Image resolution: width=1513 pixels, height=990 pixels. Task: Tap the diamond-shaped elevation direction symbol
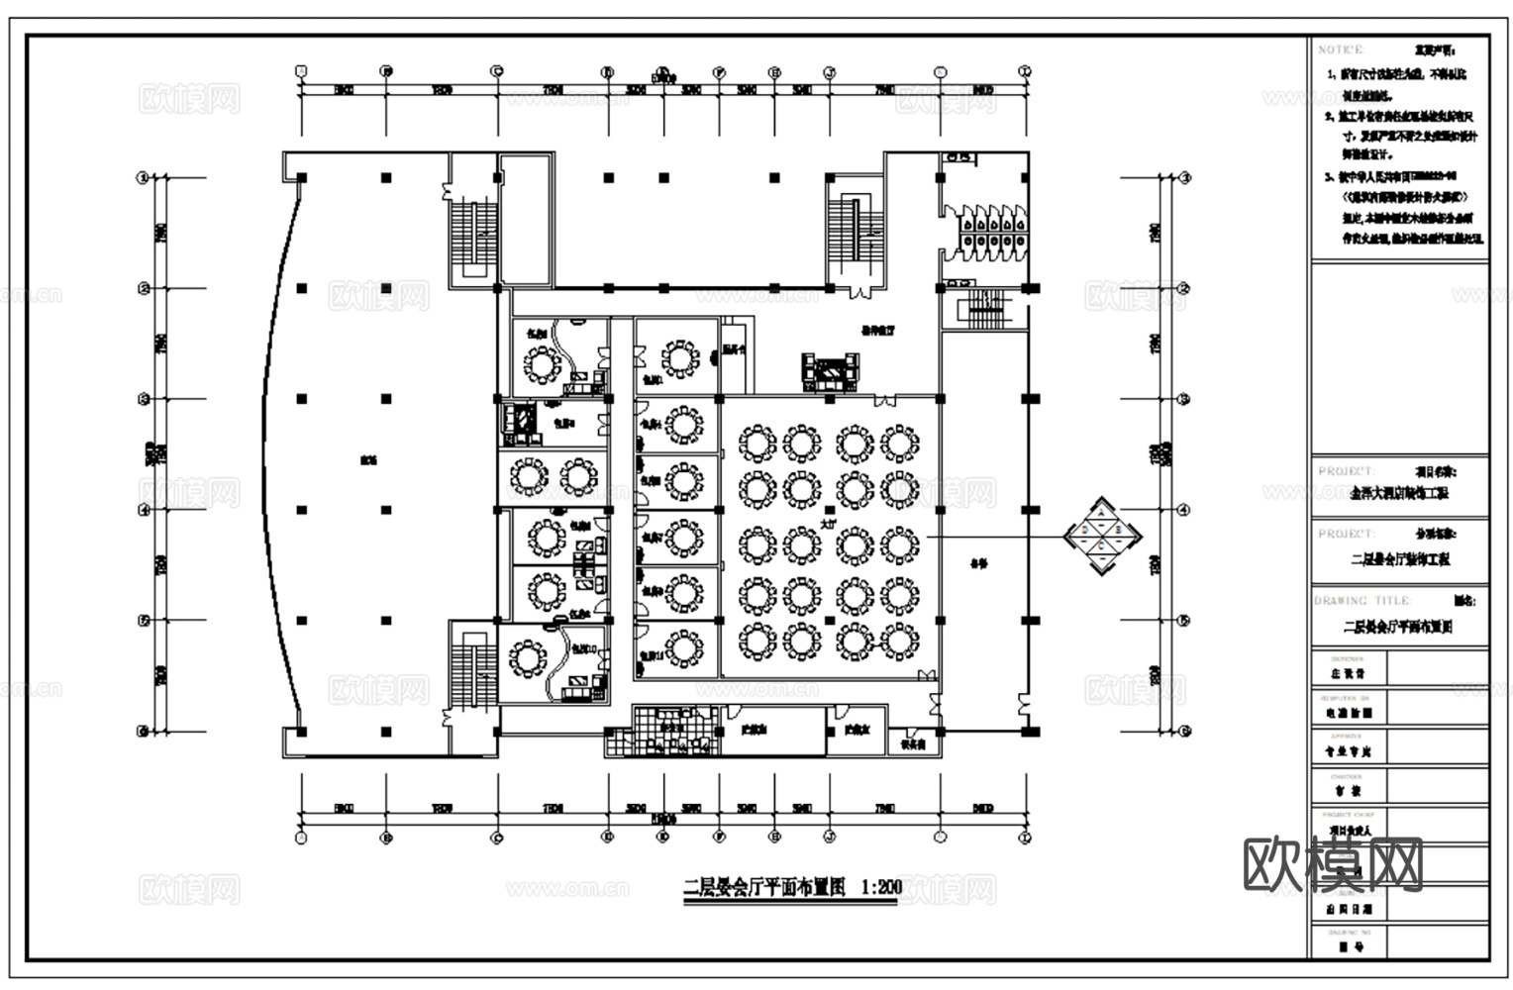tap(1103, 536)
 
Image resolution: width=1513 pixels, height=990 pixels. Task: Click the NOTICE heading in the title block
tap(1341, 49)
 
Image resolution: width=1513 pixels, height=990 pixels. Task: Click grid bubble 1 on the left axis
tap(143, 178)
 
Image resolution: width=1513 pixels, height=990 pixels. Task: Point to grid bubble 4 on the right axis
tap(1183, 510)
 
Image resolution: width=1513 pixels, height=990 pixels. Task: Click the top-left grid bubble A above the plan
tap(302, 71)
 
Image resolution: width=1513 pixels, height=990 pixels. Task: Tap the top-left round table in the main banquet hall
tap(757, 443)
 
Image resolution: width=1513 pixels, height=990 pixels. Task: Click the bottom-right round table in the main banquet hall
tap(898, 642)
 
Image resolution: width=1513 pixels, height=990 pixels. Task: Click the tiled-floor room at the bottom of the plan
tap(673, 732)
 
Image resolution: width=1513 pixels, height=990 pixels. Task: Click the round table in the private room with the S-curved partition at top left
tap(542, 365)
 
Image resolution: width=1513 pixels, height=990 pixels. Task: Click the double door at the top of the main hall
tap(885, 400)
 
